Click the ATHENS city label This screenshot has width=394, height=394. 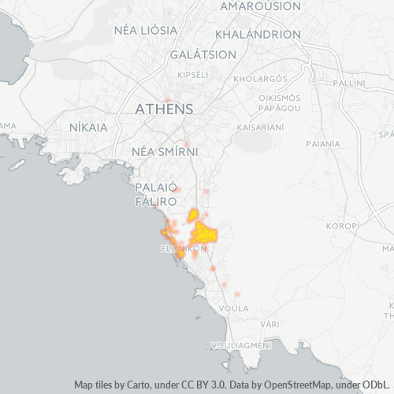(x=165, y=109)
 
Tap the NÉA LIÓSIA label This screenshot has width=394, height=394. (x=146, y=30)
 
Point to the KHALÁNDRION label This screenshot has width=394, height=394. (x=258, y=35)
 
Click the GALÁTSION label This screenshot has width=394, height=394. (x=203, y=54)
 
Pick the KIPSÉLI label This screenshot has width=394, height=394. (x=193, y=74)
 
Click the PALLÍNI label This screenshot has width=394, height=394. (x=349, y=83)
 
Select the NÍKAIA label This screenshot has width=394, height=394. (x=87, y=125)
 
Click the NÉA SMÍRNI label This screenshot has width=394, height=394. (x=165, y=151)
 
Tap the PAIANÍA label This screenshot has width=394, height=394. (x=324, y=143)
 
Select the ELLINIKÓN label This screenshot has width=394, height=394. (x=183, y=247)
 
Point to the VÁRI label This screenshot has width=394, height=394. (x=272, y=324)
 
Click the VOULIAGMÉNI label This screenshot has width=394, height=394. (x=241, y=345)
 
